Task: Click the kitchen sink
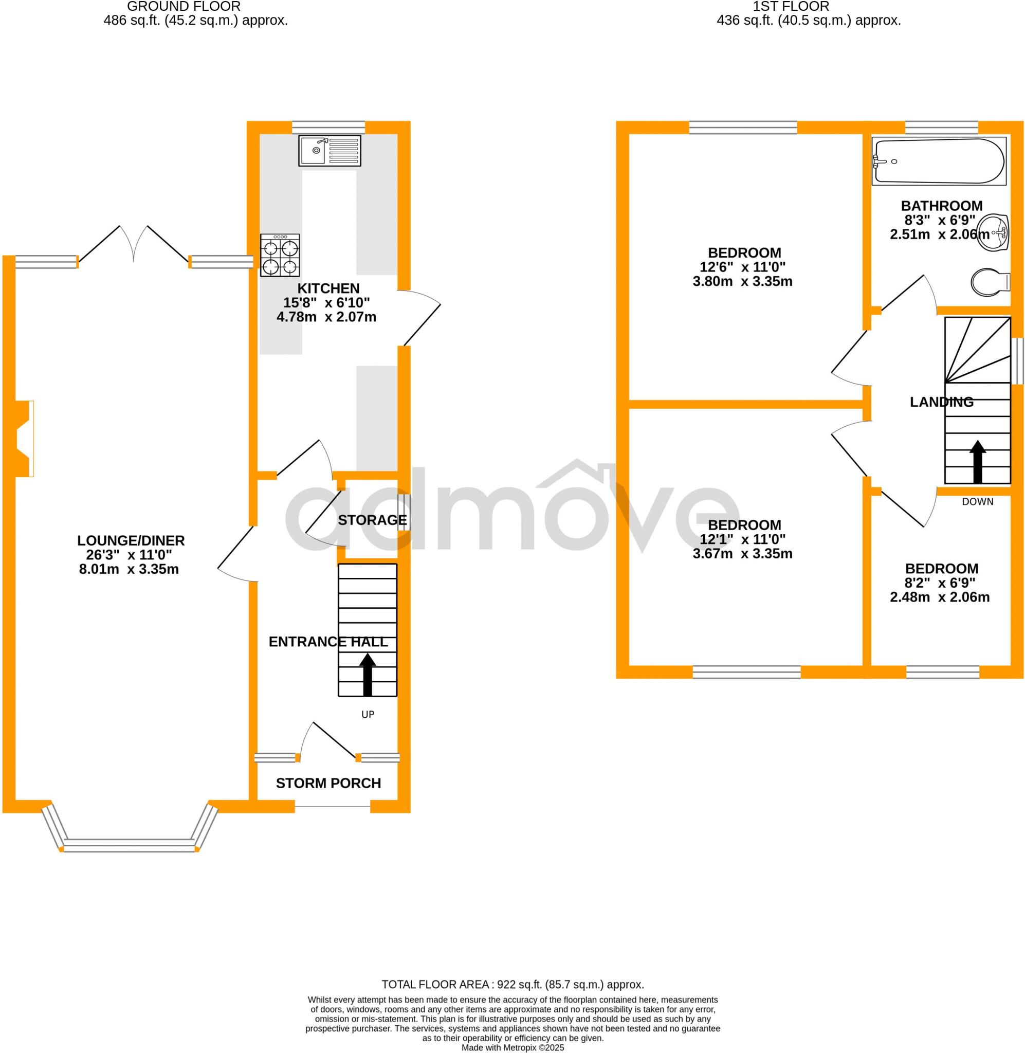click(x=330, y=151)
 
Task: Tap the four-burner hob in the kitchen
click(x=280, y=255)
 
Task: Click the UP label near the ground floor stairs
click(x=368, y=714)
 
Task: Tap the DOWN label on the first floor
click(x=977, y=502)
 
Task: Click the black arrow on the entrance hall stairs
click(x=368, y=674)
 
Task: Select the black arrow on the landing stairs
click(x=977, y=461)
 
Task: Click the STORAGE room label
click(x=372, y=520)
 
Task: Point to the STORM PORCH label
click(x=328, y=783)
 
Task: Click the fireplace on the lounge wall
click(x=24, y=438)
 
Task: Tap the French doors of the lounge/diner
click(x=134, y=244)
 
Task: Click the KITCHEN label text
click(x=328, y=288)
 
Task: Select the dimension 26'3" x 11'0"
click(x=129, y=555)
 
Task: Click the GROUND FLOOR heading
click(x=184, y=7)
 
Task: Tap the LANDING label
click(x=941, y=402)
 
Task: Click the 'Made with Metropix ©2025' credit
click(x=512, y=1048)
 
